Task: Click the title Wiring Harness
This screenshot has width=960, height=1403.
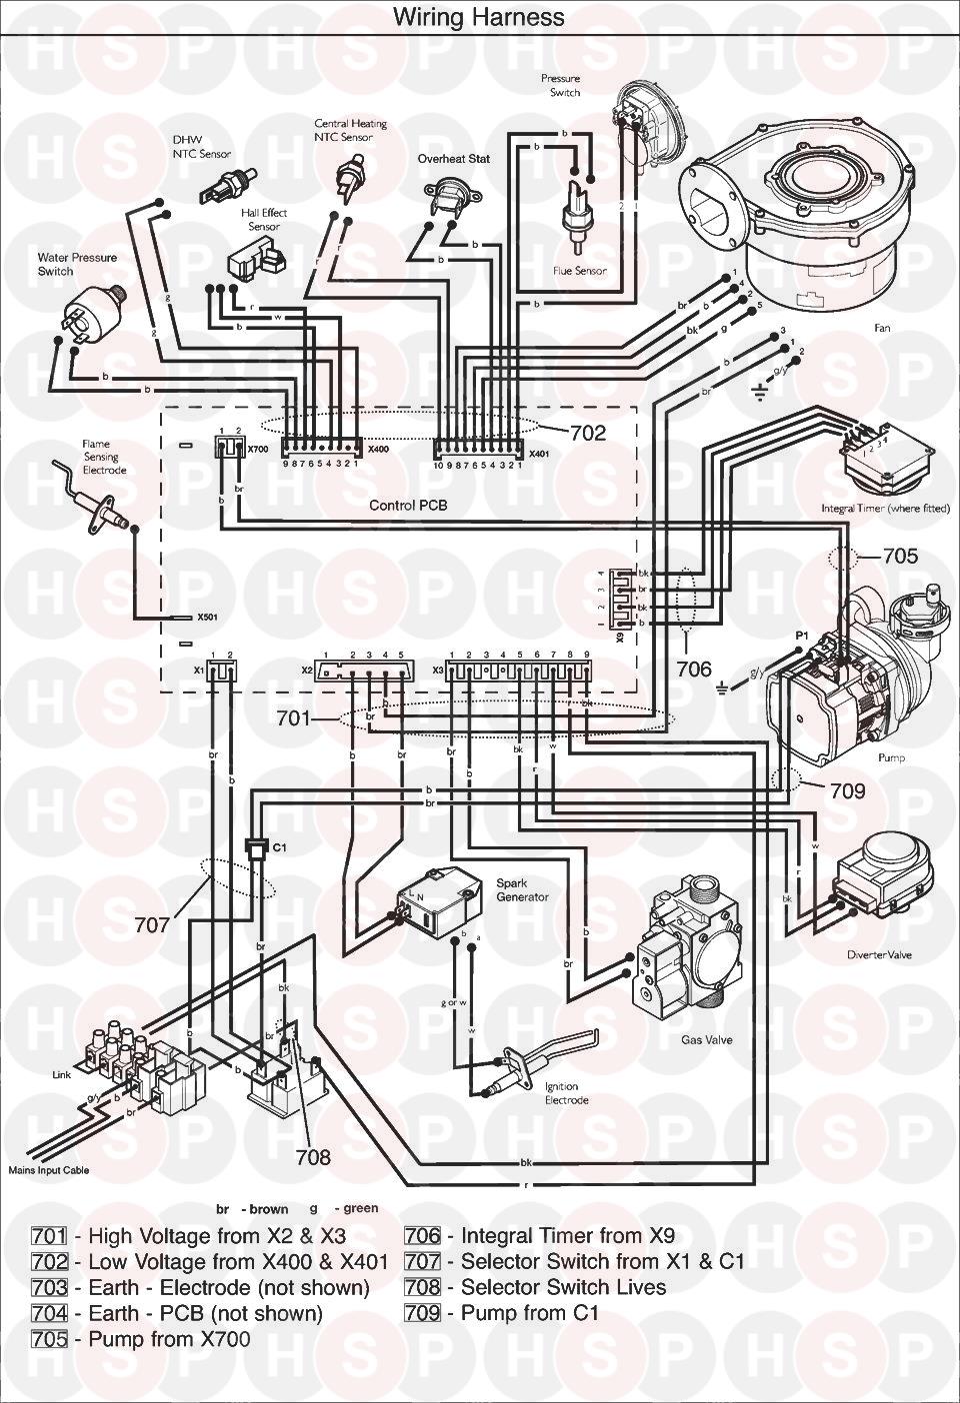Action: click(x=478, y=17)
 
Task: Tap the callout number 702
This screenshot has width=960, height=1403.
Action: click(x=588, y=433)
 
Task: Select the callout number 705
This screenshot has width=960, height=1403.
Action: click(x=900, y=555)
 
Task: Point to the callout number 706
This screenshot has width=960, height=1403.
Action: click(x=694, y=669)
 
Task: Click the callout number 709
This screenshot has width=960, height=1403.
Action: click(x=846, y=791)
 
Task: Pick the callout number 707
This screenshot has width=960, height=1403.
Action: click(x=153, y=925)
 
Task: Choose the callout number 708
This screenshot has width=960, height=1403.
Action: click(x=313, y=1157)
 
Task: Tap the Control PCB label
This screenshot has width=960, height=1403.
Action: click(x=408, y=506)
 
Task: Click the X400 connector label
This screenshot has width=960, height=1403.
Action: click(x=378, y=450)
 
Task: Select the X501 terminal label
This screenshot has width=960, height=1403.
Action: click(x=207, y=618)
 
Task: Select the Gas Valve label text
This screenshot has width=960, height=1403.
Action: click(x=707, y=1040)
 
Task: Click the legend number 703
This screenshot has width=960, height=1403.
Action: click(x=49, y=1287)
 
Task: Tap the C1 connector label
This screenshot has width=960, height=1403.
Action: click(x=280, y=847)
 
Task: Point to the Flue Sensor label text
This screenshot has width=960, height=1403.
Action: click(x=580, y=271)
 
